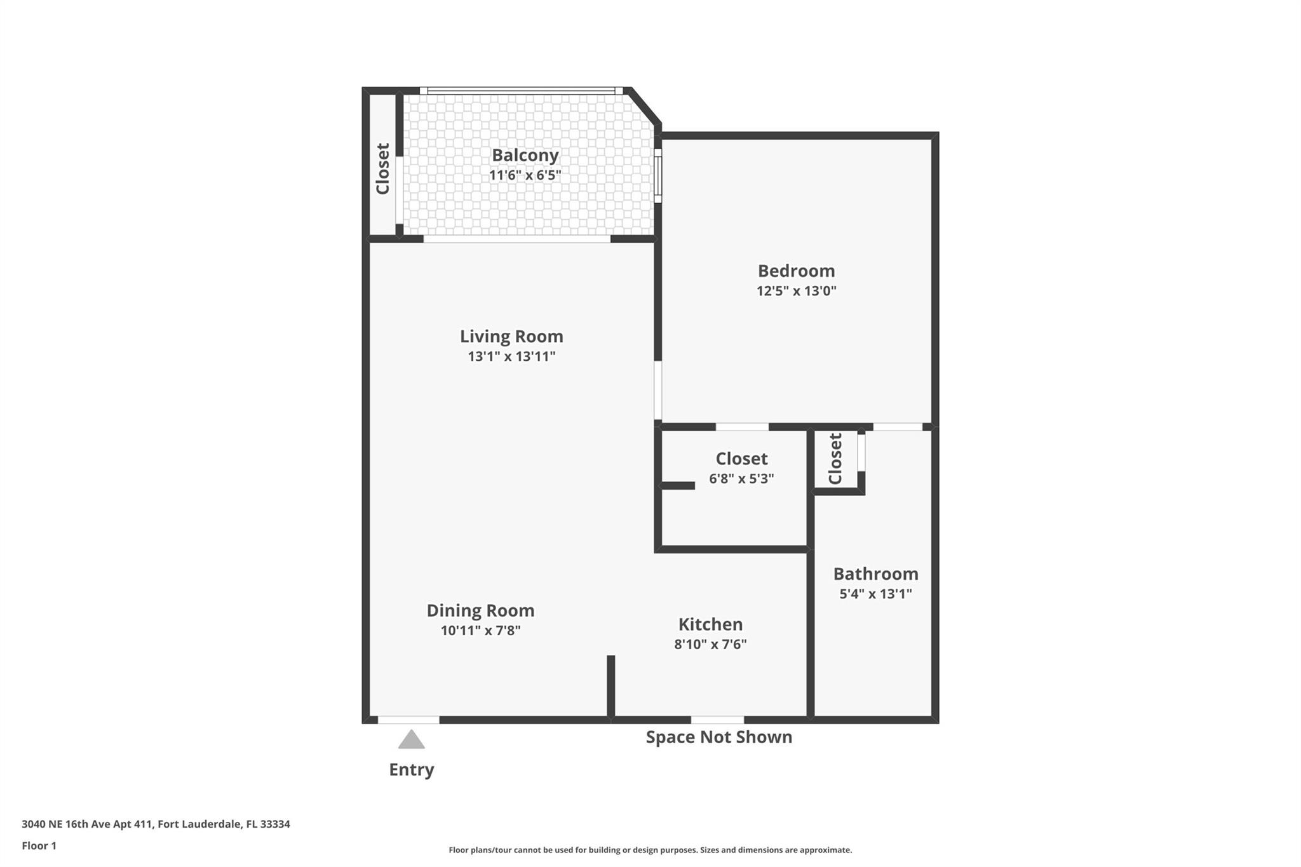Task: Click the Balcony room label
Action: click(x=525, y=156)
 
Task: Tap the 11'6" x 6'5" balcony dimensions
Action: click(x=525, y=175)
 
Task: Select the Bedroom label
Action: click(x=796, y=271)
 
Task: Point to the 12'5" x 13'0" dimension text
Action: click(x=796, y=291)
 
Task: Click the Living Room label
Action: click(x=511, y=337)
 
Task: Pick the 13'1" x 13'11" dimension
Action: click(x=511, y=356)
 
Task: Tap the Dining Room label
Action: click(x=480, y=611)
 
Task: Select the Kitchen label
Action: click(x=710, y=624)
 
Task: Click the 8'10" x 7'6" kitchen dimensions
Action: click(x=710, y=644)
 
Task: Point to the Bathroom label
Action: click(x=875, y=574)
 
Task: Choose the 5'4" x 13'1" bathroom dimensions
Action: click(x=875, y=594)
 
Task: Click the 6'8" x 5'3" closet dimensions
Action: click(x=741, y=479)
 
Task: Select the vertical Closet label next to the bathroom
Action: click(x=835, y=459)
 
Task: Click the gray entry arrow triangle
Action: click(x=411, y=741)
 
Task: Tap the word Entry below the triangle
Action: click(x=411, y=770)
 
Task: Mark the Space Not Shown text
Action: click(x=718, y=737)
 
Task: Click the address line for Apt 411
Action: click(x=156, y=824)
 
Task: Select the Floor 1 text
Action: click(x=39, y=846)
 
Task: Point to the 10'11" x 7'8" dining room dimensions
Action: click(x=480, y=631)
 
